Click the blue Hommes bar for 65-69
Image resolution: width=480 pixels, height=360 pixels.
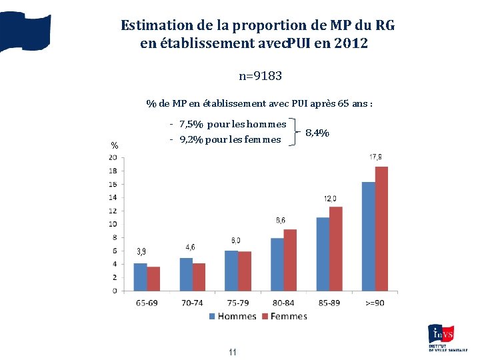(x=140, y=277)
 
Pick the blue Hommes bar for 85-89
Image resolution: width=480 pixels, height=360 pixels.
(x=323, y=254)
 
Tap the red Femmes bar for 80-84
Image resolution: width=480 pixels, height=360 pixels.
(x=290, y=260)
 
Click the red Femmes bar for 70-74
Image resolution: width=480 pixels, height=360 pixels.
(x=199, y=277)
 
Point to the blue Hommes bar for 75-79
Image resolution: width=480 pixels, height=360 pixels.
(x=231, y=271)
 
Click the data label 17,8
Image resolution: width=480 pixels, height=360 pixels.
(x=375, y=157)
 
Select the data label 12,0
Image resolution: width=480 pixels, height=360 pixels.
(x=330, y=199)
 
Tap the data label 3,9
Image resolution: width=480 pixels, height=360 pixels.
(x=141, y=251)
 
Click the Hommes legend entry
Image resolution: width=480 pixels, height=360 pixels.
(x=233, y=316)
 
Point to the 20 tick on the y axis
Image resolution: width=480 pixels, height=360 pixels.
(x=113, y=157)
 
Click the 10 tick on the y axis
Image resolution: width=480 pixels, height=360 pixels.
(x=113, y=224)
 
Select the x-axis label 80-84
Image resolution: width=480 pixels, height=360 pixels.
(x=283, y=303)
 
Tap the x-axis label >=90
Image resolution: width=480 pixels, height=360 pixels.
(x=375, y=303)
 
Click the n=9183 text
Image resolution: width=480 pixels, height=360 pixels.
(x=261, y=76)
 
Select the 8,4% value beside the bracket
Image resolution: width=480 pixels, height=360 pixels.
(x=317, y=133)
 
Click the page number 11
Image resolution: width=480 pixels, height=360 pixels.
(x=233, y=352)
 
